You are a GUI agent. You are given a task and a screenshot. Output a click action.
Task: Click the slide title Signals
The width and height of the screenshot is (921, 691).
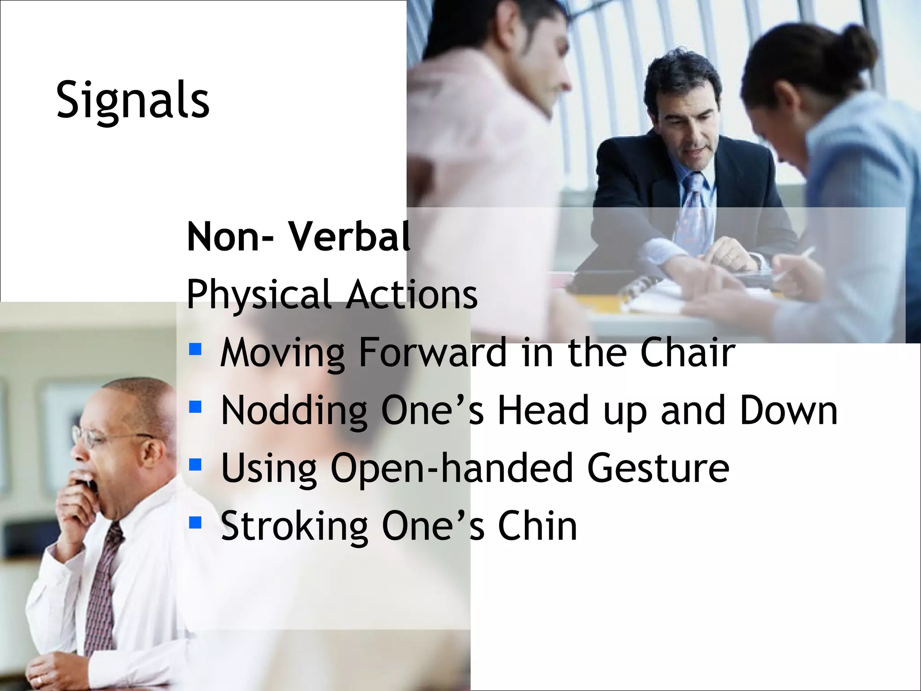[x=133, y=100]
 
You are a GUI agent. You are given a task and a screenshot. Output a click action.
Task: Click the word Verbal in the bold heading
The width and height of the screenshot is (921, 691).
[x=349, y=237]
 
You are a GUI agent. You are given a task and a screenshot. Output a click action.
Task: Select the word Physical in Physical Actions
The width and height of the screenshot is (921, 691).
[x=259, y=295]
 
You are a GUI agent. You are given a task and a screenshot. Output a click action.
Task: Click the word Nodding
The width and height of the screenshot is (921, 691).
[x=294, y=411]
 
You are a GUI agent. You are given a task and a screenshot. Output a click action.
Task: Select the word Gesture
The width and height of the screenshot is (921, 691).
[x=658, y=468]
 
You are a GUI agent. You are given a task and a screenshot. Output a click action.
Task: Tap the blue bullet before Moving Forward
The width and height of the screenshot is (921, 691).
[x=195, y=349]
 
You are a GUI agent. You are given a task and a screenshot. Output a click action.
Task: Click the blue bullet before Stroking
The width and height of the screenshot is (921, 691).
[x=195, y=522]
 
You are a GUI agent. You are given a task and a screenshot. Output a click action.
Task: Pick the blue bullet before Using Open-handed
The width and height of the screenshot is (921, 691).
[x=195, y=464]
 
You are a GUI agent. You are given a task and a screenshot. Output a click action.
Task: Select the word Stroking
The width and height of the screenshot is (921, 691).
[x=294, y=526]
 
